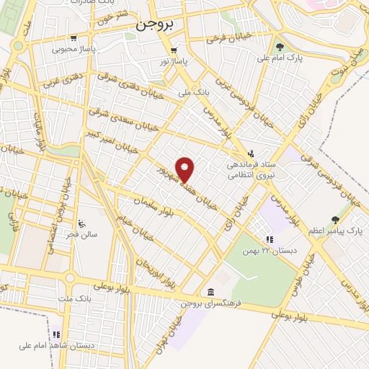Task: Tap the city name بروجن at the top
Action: coord(154,24)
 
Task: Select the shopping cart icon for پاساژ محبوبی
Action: coord(74,38)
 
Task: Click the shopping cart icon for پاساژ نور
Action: coord(174,50)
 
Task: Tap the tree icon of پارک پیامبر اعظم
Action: coord(334,219)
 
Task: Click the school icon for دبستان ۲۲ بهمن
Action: coord(269,239)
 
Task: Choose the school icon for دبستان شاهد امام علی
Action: coord(55,334)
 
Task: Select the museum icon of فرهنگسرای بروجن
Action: coord(210,291)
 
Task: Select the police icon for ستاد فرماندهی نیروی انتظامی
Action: coord(250,153)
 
